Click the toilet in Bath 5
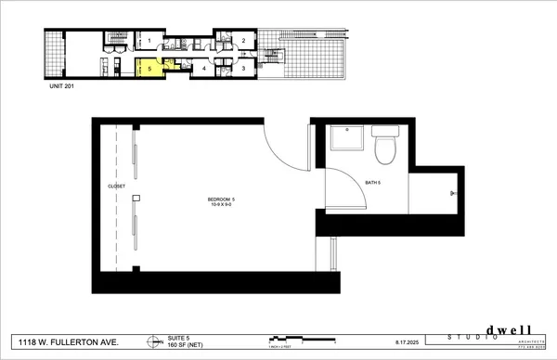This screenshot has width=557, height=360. pos(383,146)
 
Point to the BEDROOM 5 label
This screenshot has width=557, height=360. pos(220,199)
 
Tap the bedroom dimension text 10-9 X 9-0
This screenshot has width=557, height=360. pos(220,205)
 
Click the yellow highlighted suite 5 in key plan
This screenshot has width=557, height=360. pos(149,68)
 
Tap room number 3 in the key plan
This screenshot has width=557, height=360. pos(243,68)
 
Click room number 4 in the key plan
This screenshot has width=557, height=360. pos(204,68)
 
